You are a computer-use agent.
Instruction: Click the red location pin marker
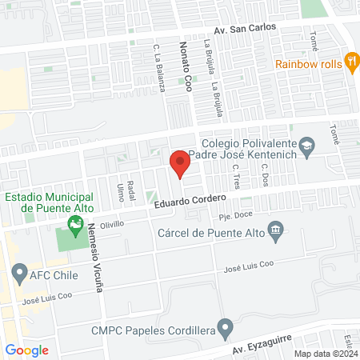tap(180, 163)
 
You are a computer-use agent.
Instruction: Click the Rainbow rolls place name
tap(307, 64)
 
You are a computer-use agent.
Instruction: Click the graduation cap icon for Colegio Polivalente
tap(306, 146)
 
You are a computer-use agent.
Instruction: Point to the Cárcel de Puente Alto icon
tap(276, 232)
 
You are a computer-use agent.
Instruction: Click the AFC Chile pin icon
tap(19, 276)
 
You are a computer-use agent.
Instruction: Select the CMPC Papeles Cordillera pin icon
tap(226, 327)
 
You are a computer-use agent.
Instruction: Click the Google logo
tap(27, 350)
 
